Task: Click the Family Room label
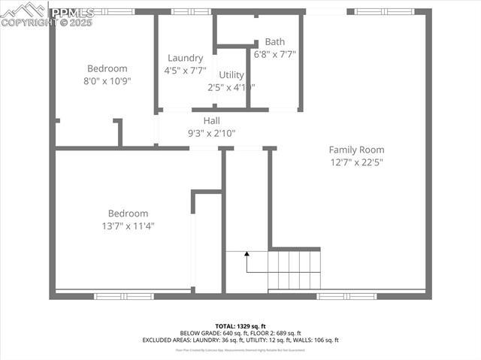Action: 356,150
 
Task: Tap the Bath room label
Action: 275,42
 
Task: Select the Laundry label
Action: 185,58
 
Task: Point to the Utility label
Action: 231,74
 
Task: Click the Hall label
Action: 211,120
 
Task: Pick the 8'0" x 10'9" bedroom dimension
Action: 107,81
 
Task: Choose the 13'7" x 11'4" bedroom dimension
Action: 128,225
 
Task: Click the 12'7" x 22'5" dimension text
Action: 356,162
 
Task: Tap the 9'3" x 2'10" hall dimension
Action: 211,133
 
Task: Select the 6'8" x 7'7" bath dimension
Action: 275,54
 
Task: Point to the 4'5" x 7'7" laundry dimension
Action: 185,70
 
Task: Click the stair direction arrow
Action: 247,259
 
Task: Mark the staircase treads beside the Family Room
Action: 295,270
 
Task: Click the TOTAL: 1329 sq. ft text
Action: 240,326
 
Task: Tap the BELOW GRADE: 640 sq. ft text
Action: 210,333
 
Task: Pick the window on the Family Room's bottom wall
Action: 346,296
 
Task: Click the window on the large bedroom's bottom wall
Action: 124,296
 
